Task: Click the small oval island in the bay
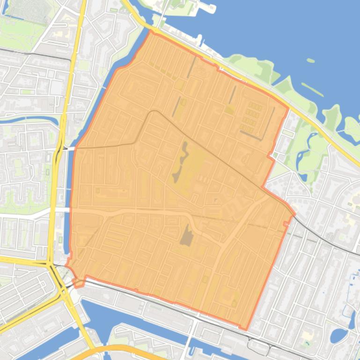(x=310, y=60)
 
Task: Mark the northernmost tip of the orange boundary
(x=151, y=31)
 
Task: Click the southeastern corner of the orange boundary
(x=245, y=329)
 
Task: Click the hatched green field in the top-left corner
(x=30, y=10)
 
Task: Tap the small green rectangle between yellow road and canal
(x=60, y=240)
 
